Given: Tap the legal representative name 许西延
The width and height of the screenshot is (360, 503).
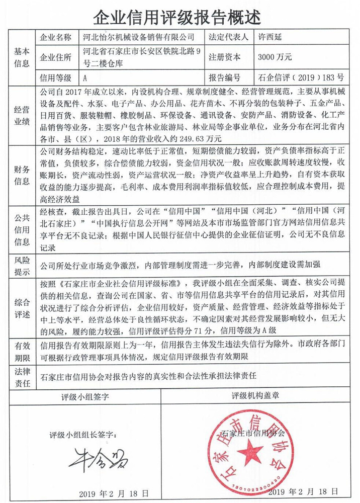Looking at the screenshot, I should pos(272,37).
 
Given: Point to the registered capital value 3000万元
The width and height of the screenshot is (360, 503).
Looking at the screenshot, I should pos(276,57).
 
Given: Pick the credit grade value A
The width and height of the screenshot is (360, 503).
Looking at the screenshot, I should pos(85,78).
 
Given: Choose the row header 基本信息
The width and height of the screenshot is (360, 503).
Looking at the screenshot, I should pos(22,57).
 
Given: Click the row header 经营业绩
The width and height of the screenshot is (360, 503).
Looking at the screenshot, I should pos(22,116).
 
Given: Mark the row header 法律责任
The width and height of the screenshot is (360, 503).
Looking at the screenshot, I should pos(22,376).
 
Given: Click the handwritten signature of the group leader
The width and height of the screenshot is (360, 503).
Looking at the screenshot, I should pos(99,457).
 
